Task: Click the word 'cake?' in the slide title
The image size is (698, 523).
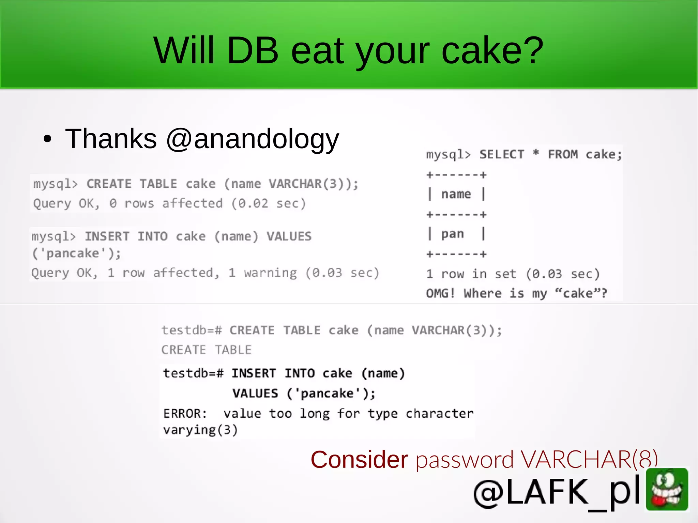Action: tap(492, 51)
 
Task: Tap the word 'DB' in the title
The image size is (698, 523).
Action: tap(253, 51)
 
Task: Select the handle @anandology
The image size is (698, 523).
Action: tap(253, 139)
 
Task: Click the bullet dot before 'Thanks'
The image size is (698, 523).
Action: tap(47, 139)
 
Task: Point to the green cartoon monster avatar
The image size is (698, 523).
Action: tap(667, 489)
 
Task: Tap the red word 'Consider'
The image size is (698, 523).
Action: tap(359, 460)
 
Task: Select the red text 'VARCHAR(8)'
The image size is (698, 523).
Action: tap(589, 460)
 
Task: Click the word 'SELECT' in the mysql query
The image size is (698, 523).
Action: tap(502, 155)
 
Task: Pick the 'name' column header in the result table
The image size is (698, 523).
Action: tap(456, 194)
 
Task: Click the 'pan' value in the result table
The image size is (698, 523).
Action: tap(453, 234)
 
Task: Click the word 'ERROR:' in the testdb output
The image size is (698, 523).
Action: tap(185, 414)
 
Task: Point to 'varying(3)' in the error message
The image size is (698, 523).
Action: tap(200, 430)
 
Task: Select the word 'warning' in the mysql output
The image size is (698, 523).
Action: tap(270, 273)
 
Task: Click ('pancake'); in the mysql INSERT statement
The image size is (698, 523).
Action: tap(76, 253)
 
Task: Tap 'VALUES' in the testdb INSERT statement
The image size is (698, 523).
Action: tap(255, 394)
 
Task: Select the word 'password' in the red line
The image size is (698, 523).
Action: tap(465, 460)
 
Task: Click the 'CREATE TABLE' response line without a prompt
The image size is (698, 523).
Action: tap(206, 350)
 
